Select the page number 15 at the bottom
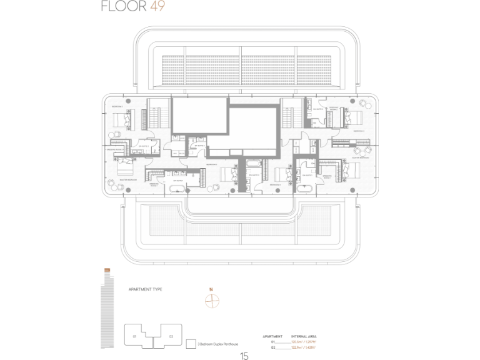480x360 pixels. pyautogui.click(x=244, y=356)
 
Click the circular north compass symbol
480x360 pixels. pyautogui.click(x=212, y=301)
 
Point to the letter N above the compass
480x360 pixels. pyautogui.click(x=212, y=289)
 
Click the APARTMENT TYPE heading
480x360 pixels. pyautogui.click(x=145, y=290)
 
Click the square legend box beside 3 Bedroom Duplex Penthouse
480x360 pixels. pyautogui.click(x=190, y=343)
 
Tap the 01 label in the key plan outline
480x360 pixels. pyautogui.click(x=134, y=336)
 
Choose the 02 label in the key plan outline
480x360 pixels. pyautogui.click(x=171, y=336)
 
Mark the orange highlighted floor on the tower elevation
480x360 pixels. pyautogui.click(x=107, y=269)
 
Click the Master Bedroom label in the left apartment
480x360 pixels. pyautogui.click(x=128, y=179)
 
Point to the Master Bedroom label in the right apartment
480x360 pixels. pyautogui.click(x=361, y=157)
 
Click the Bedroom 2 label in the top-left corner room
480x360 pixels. pyautogui.click(x=117, y=107)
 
